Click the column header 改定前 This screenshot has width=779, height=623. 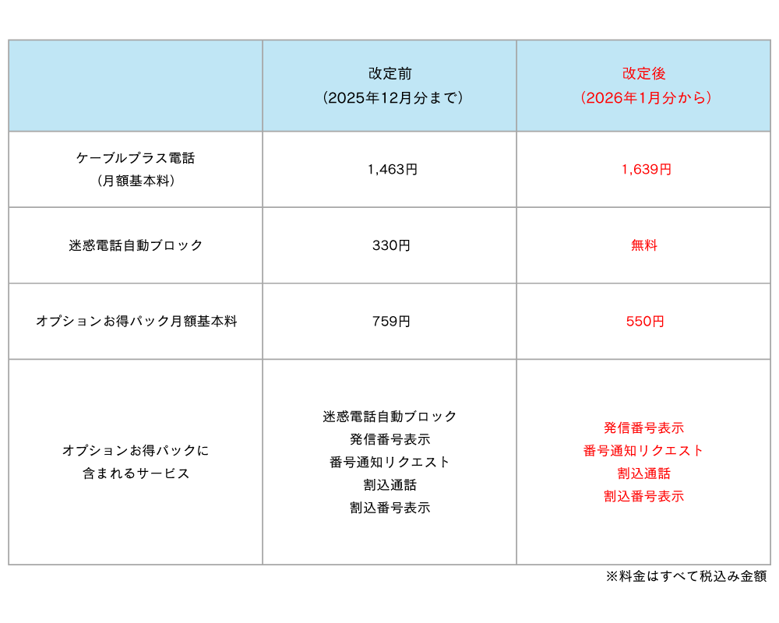tap(390, 73)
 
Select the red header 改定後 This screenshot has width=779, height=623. tap(644, 73)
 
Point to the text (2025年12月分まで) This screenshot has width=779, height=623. tap(393, 97)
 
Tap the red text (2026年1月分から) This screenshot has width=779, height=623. tap(646, 97)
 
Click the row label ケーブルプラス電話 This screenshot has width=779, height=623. tap(136, 158)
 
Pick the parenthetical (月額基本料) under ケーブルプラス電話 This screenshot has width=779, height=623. tap(136, 181)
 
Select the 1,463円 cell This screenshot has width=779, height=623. tap(393, 170)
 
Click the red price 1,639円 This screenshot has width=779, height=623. tap(647, 170)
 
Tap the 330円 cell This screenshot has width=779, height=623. tap(392, 245)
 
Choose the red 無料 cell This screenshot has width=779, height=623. tap(644, 245)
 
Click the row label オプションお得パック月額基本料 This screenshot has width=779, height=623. tap(136, 322)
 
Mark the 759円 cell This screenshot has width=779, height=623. tap(392, 322)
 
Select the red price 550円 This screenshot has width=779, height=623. tap(645, 322)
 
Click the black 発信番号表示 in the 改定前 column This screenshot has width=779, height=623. tap(390, 439)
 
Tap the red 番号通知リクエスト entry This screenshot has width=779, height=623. tap(643, 451)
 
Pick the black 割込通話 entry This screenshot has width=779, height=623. tap(390, 485)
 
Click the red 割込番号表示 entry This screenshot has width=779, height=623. tap(644, 496)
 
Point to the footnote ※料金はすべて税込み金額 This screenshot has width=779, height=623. tap(686, 576)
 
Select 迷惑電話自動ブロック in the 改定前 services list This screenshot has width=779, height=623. tap(389, 417)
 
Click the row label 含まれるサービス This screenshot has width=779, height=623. tap(136, 473)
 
